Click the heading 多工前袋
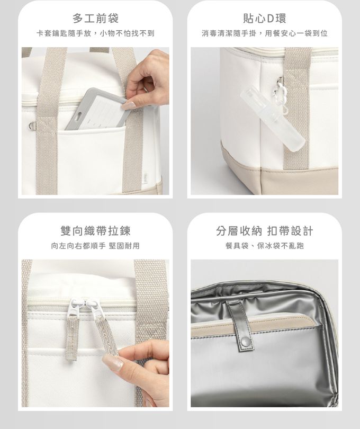(x=95, y=19)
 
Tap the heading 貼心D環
(x=264, y=19)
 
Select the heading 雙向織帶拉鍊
(x=95, y=230)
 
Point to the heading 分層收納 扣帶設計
(x=264, y=230)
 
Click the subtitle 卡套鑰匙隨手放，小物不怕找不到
(x=95, y=33)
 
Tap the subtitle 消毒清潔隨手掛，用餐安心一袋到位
(x=265, y=33)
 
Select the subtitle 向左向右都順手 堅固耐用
(x=95, y=246)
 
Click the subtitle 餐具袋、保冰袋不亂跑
(x=265, y=246)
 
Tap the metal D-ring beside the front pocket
(x=32, y=126)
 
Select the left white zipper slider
(x=75, y=307)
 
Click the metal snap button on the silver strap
(x=245, y=341)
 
